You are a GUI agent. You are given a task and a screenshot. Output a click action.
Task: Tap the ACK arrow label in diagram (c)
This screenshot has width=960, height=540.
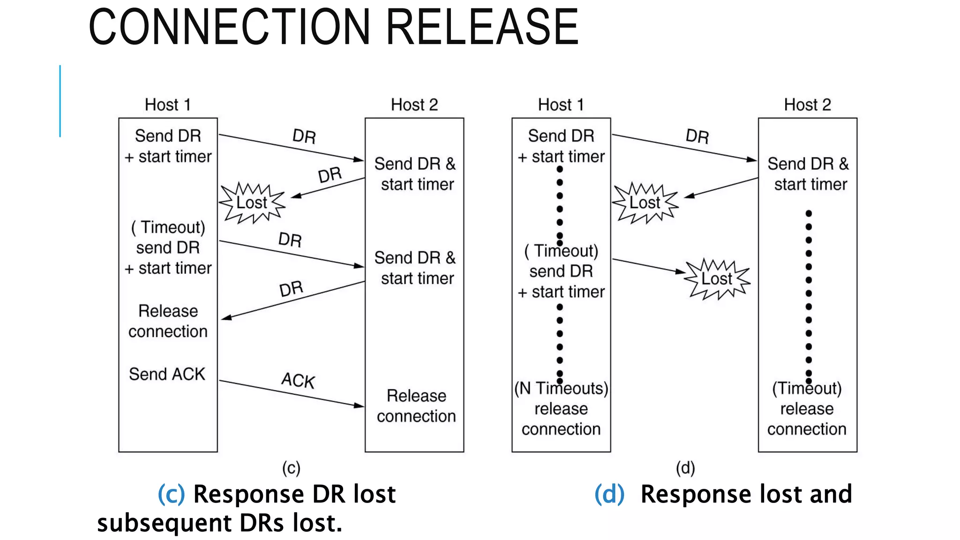[298, 380]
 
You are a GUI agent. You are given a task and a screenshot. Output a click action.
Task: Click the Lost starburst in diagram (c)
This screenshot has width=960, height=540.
[252, 202]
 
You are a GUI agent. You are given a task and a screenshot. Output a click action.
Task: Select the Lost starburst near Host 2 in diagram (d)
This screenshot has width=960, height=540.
[717, 279]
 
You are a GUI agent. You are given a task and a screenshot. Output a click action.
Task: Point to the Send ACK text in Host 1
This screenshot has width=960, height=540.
[167, 374]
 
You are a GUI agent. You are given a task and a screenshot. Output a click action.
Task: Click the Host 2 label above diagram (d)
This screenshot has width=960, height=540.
[807, 105]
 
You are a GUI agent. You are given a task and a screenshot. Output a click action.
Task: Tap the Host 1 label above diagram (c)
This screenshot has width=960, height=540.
[167, 105]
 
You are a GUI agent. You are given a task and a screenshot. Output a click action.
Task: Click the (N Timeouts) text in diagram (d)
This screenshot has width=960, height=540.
[561, 388]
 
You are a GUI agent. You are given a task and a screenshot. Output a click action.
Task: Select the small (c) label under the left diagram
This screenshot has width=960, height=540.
[291, 468]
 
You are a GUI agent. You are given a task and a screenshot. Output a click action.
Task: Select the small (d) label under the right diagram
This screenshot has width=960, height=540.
[685, 468]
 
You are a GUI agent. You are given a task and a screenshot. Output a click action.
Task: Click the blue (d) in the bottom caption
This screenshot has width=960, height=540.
[609, 495]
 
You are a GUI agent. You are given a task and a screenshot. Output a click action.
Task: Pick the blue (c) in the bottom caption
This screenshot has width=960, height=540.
[171, 495]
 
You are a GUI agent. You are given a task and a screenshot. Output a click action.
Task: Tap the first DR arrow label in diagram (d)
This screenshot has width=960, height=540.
[697, 136]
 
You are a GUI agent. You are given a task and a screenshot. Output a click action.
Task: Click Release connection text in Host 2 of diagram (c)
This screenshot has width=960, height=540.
[416, 406]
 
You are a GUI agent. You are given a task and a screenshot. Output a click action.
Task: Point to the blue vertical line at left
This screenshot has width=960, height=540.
[60, 101]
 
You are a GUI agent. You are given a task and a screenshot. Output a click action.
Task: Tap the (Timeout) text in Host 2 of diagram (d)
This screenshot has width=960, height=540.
[807, 388]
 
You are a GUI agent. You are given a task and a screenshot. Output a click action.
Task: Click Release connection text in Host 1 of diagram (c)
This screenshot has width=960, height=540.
[168, 321]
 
